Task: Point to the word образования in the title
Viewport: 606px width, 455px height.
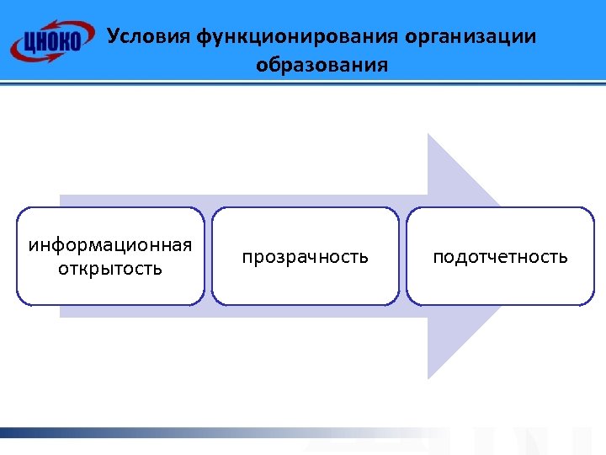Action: tap(322, 65)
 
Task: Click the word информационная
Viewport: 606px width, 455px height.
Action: tap(110, 245)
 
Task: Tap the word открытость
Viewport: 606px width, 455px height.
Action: tap(110, 270)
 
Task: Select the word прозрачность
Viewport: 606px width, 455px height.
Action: tap(306, 256)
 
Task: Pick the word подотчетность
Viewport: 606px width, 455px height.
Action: tap(500, 256)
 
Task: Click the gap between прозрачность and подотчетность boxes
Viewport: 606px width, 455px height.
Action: tap(403, 256)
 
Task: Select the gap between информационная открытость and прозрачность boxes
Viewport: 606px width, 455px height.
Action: tap(208, 256)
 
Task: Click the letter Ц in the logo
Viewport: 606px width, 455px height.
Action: tap(31, 41)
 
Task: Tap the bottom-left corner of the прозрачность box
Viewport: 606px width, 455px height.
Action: tap(214, 302)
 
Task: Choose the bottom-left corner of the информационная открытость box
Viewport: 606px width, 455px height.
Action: tap(18, 302)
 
